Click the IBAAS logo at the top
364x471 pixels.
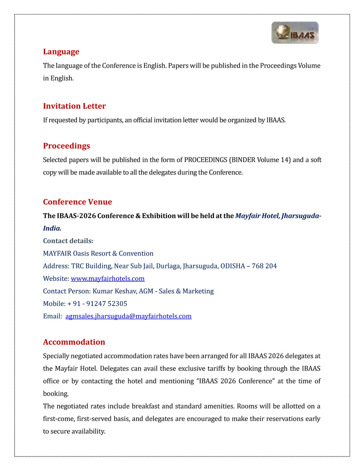295,33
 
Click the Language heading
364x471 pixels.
61,52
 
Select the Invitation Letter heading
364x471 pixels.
74,106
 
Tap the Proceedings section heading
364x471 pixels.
67,146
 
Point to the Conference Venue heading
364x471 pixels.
77,202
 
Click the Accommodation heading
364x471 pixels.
74,342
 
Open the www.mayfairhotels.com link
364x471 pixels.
108,279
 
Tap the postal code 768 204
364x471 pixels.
265,266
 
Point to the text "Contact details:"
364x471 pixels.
68,241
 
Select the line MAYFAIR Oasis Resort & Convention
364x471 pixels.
98,253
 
